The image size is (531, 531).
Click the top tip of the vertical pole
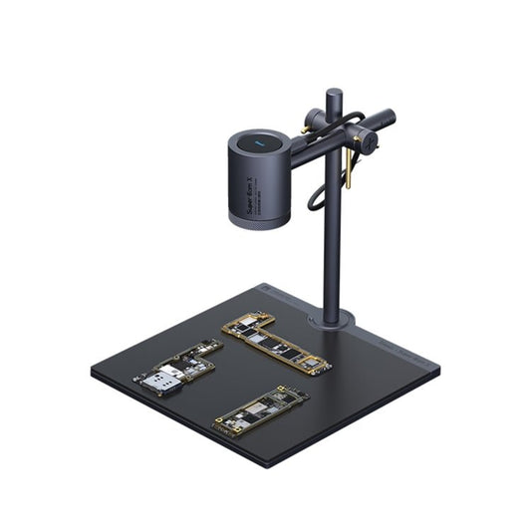pos(333,94)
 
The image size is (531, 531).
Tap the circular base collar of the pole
pos(331,320)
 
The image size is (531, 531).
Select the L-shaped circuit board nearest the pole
pos(276,343)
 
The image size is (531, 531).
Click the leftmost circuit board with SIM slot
pos(177,368)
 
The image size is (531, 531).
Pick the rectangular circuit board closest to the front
pos(261,408)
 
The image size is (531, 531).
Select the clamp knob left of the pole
pos(315,122)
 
